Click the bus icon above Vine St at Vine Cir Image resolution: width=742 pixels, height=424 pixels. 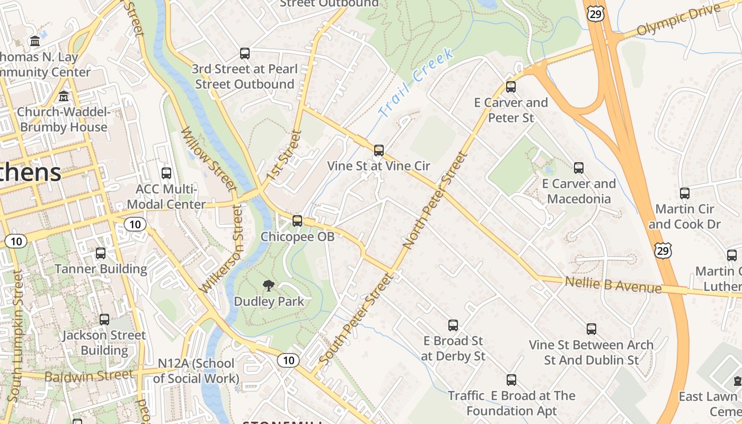pyautogui.click(x=378, y=151)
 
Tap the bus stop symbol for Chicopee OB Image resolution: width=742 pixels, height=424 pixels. pyautogui.click(x=297, y=221)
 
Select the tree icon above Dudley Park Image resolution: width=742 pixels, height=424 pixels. pyautogui.click(x=269, y=286)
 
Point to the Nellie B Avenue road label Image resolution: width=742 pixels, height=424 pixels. pyautogui.click(x=613, y=284)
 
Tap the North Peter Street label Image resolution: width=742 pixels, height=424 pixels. pyautogui.click(x=435, y=200)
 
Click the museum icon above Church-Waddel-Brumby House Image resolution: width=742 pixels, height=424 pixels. pyautogui.click(x=64, y=96)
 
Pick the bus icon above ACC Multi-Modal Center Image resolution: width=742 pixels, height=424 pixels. pyautogui.click(x=166, y=173)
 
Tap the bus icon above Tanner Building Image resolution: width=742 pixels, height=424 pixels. pyautogui.click(x=101, y=253)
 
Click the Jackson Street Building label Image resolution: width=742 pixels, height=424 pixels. pyautogui.click(x=104, y=342)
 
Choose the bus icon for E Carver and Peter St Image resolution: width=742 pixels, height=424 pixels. pyautogui.click(x=510, y=87)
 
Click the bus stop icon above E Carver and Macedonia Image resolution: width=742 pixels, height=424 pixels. pyautogui.click(x=578, y=168)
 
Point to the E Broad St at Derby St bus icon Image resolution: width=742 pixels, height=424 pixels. pyautogui.click(x=453, y=325)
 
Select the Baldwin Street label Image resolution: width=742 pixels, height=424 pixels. pyautogui.click(x=89, y=376)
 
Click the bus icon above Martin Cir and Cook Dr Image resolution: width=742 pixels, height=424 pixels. pyautogui.click(x=684, y=193)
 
